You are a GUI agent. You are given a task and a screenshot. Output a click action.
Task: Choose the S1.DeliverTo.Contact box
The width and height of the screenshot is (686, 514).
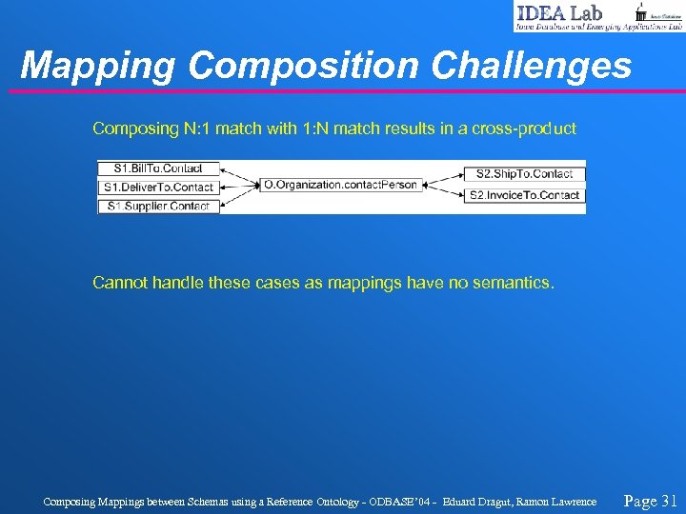click(158, 188)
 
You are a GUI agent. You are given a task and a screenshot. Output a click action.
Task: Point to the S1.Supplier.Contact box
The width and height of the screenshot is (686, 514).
click(158, 206)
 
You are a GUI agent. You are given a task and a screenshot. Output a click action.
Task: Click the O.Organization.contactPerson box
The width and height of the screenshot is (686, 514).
click(340, 185)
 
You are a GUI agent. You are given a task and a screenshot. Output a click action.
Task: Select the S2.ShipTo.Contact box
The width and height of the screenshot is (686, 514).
click(524, 174)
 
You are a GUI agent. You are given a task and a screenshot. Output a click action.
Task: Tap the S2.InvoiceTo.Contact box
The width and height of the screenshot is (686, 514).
click(524, 195)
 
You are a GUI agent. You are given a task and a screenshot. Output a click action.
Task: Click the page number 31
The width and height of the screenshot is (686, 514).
click(668, 500)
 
